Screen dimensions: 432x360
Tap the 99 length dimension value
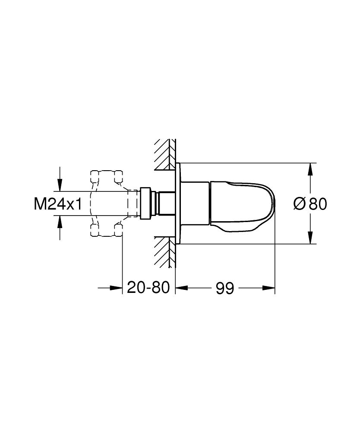pos(224,287)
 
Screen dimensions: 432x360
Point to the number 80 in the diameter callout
pos(317,203)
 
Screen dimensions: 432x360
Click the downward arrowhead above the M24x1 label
pos(60,185)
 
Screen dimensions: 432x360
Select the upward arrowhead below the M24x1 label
pos(60,221)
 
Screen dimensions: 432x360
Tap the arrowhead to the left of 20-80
pos(117,287)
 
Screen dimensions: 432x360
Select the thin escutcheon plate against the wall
pos(177,203)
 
